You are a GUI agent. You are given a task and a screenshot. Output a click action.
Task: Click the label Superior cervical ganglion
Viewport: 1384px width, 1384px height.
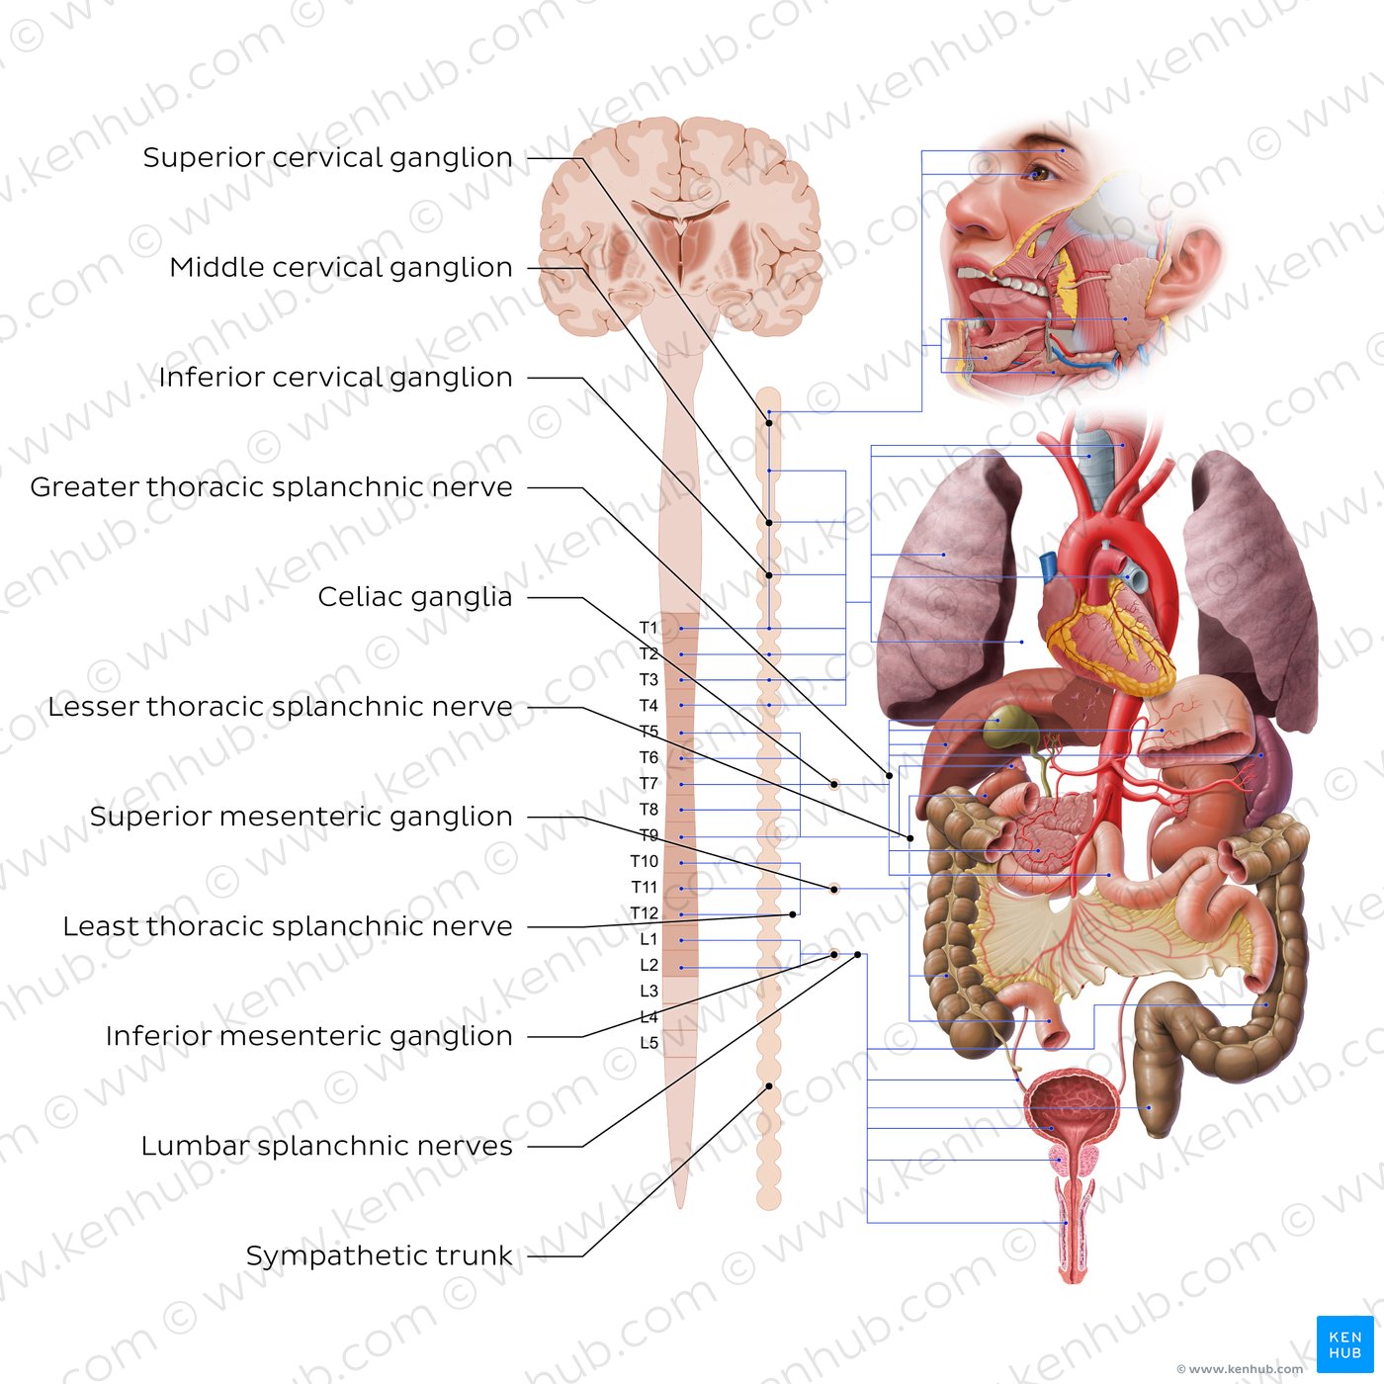click(x=327, y=157)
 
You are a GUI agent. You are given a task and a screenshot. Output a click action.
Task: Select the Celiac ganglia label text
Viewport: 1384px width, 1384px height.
click(x=415, y=597)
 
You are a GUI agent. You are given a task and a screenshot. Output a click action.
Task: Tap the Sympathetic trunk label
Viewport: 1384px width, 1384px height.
click(x=380, y=1255)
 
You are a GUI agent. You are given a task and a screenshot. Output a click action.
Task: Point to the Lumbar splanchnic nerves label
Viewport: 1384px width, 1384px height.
click(x=327, y=1146)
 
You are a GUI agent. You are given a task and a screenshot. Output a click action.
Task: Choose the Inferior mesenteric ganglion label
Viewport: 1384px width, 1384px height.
click(x=308, y=1036)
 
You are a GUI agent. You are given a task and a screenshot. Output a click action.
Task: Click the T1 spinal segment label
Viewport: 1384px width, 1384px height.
click(x=649, y=628)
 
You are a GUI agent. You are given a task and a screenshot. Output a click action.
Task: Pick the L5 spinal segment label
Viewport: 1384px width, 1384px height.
click(x=649, y=1042)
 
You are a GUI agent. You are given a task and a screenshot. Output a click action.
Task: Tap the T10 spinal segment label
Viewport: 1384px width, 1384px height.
click(x=645, y=861)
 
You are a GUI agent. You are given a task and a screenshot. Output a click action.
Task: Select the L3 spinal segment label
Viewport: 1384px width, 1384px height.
click(x=649, y=991)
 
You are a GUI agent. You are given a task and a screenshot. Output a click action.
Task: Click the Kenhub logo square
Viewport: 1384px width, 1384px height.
click(x=1344, y=1343)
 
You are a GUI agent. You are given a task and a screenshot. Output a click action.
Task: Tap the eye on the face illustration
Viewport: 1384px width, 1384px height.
click(x=1039, y=172)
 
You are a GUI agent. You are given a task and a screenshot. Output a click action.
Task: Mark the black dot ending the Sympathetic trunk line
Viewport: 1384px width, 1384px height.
click(x=768, y=1086)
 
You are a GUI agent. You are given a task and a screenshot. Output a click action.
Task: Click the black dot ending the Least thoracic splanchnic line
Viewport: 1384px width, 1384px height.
click(x=793, y=914)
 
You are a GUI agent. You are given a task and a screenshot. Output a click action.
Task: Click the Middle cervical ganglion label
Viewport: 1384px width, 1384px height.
click(x=341, y=267)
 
